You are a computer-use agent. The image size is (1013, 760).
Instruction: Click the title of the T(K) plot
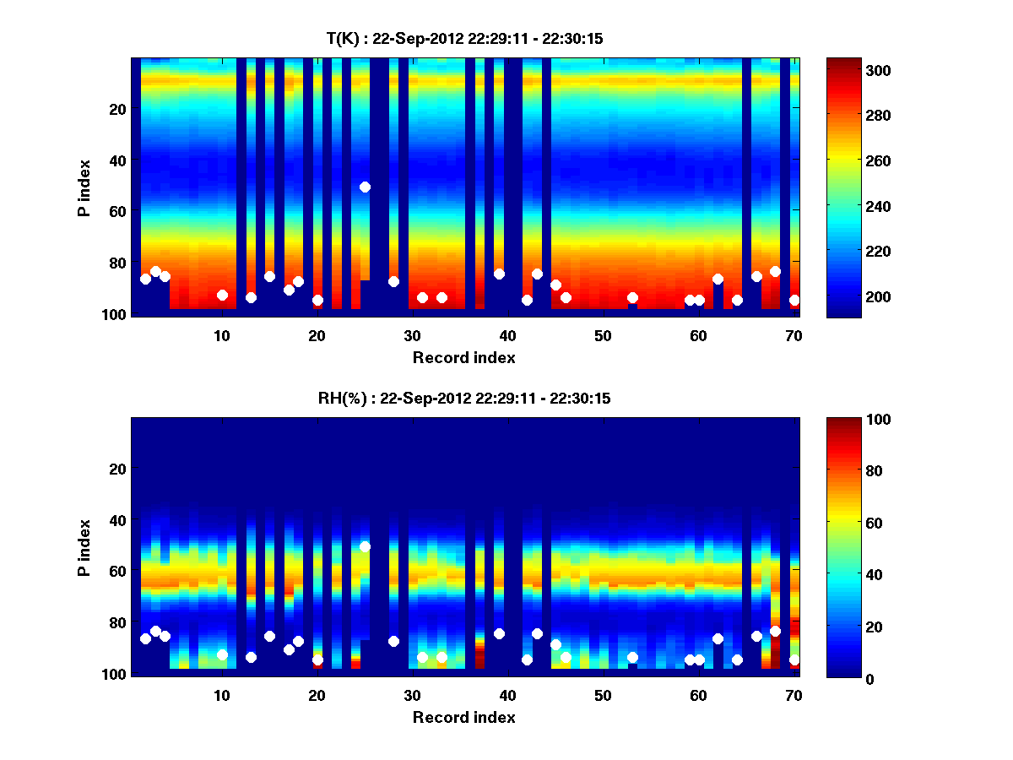[464, 38]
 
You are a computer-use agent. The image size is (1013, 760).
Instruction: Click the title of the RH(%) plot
[464, 399]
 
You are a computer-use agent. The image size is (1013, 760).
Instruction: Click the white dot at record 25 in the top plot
[365, 187]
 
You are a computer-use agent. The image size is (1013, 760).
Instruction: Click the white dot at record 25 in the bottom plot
[365, 546]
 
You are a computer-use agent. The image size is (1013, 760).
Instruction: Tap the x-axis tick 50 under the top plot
[603, 335]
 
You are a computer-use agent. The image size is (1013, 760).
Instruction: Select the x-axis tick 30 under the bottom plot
[412, 695]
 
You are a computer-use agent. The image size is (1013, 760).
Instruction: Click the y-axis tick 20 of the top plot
[116, 109]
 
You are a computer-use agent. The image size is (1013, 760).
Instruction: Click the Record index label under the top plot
[464, 357]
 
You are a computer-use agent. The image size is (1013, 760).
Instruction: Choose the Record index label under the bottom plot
[464, 717]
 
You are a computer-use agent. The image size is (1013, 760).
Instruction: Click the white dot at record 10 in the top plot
[222, 295]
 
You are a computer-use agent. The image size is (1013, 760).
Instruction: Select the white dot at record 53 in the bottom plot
[632, 657]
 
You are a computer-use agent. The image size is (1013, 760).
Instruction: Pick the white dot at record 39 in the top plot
[499, 274]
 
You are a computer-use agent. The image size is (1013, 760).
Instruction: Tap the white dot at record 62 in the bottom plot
[718, 638]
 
